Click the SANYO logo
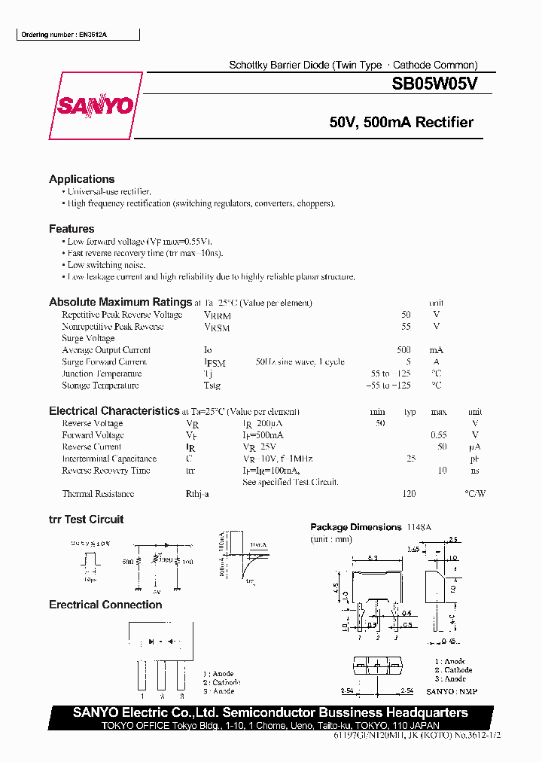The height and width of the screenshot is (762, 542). click(96, 106)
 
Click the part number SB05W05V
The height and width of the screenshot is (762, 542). click(434, 85)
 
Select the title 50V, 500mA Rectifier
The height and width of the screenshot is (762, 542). click(401, 123)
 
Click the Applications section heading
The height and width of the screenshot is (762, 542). click(82, 179)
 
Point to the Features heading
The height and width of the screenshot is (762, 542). click(72, 229)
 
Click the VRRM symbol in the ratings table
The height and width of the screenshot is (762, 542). click(217, 315)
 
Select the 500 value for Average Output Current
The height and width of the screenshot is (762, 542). click(403, 350)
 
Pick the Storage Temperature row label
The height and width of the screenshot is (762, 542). click(100, 386)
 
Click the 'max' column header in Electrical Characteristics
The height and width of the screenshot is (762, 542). click(438, 412)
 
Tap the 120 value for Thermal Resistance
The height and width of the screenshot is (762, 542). click(410, 494)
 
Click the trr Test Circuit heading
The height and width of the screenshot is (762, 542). click(86, 520)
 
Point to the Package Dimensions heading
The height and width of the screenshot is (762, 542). click(356, 527)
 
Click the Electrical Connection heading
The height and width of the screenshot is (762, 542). click(105, 605)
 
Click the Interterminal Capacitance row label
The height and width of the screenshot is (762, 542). click(109, 459)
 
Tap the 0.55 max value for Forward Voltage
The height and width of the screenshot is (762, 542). click(438, 435)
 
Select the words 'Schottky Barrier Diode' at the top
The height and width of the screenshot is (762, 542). click(279, 66)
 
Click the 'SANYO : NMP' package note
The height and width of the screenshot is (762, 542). click(452, 691)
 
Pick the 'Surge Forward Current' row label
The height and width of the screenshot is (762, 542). click(104, 362)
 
